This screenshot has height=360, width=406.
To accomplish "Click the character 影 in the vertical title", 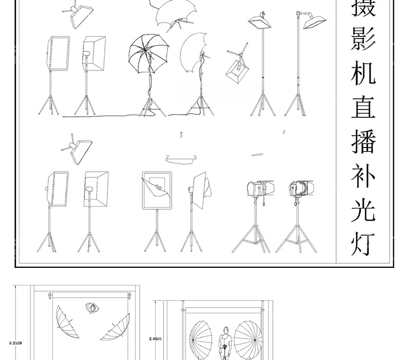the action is (x=363, y=39).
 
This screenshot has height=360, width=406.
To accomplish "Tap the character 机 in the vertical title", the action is (x=363, y=73).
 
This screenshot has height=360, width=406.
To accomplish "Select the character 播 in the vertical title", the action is (x=363, y=141).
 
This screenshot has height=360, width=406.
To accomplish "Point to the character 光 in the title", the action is (x=363, y=210).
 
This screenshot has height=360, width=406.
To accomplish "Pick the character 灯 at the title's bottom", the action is (x=363, y=244).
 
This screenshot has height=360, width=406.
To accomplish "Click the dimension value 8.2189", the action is (x=15, y=343).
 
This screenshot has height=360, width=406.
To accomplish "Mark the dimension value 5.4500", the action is (x=155, y=339).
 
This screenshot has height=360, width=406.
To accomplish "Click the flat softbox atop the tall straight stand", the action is (x=260, y=22).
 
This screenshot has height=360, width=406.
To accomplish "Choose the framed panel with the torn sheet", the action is (x=157, y=190).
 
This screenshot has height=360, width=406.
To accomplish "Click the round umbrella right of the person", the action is (x=248, y=340).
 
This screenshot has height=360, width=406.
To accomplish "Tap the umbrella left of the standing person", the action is (x=200, y=340).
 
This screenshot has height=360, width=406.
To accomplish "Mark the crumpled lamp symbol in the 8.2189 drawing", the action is (x=92, y=308).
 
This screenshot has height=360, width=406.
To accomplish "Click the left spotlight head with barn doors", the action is (x=260, y=188).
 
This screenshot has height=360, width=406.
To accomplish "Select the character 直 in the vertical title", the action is (x=363, y=107).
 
